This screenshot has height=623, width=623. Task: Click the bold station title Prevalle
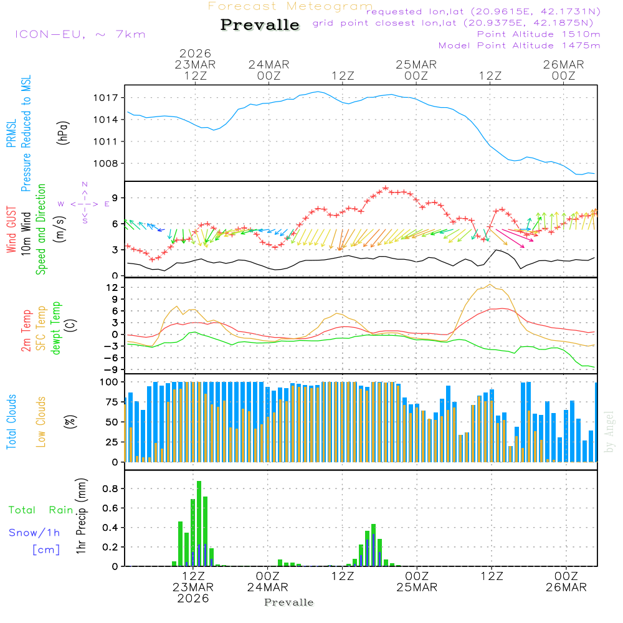pos(260,25)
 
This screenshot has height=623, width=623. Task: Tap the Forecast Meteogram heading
pos(290,6)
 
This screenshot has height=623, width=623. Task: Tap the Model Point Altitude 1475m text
pos(519,45)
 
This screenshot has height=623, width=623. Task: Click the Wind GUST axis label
pos(11,231)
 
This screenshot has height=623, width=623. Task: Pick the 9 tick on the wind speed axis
pos(115,198)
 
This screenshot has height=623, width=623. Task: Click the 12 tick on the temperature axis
pos(113,287)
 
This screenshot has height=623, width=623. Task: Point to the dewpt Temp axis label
pos(56,328)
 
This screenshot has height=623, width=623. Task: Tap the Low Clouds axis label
pos(41,421)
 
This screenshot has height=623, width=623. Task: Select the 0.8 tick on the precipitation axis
pos(110,489)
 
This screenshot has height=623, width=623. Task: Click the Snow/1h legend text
pos(35,533)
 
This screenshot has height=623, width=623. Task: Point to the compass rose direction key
pos(85,203)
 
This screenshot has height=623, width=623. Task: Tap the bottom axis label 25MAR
pos(418,587)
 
